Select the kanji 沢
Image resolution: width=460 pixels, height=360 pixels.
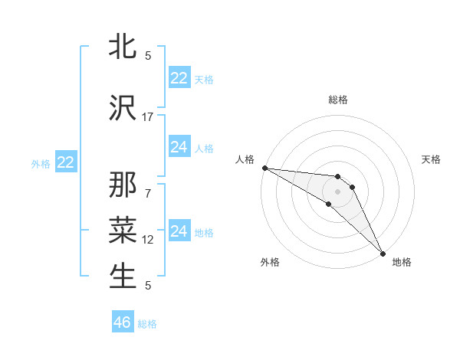point(123,109)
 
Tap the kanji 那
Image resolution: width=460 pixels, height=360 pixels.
point(123,186)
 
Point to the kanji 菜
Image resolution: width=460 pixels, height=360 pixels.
point(123,231)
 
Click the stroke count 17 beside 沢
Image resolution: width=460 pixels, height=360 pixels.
point(148,117)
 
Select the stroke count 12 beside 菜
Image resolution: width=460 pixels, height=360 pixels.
point(148,240)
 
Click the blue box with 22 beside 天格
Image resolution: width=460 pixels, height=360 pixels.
point(179,78)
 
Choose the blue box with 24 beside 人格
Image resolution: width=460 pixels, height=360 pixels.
point(179,147)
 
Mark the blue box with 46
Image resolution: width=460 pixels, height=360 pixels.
point(123,322)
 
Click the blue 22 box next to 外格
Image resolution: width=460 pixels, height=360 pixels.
point(66,162)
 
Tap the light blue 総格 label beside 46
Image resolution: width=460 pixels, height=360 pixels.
point(147,324)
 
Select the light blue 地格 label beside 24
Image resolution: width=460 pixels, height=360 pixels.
point(205,232)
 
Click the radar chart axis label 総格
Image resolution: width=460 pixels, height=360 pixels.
point(338,100)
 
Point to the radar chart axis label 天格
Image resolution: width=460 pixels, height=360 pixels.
point(432,159)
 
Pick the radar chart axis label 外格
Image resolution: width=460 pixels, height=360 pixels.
point(270,262)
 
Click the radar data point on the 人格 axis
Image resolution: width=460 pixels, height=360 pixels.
point(264,168)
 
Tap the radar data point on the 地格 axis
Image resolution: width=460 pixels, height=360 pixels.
point(383,253)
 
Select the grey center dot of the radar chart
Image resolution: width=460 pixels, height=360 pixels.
point(337,191)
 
